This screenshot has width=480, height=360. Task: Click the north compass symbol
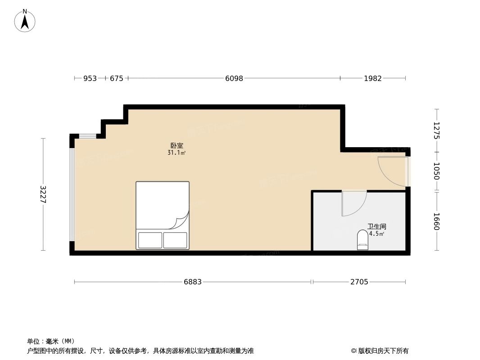click(x=25, y=21)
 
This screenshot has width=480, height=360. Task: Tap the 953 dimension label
click(x=90, y=78)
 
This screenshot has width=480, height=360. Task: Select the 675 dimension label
click(x=117, y=78)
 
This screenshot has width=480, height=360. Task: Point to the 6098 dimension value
click(x=234, y=78)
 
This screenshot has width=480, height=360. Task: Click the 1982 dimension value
click(x=373, y=78)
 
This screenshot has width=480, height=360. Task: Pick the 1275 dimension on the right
click(x=436, y=130)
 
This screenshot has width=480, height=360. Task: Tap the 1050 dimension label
click(x=436, y=171)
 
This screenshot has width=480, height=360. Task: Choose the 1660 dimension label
click(x=436, y=221)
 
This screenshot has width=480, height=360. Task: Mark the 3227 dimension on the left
click(x=43, y=194)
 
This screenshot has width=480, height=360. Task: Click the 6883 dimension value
click(x=193, y=282)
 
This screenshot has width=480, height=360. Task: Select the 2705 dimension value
click(x=359, y=282)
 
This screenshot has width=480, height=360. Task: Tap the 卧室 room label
click(x=177, y=146)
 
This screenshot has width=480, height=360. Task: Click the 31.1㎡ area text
click(x=177, y=153)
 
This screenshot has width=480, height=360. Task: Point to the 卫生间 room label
click(x=377, y=227)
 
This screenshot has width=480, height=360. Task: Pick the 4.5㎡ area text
click(x=377, y=234)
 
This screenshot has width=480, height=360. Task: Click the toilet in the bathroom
click(x=362, y=240)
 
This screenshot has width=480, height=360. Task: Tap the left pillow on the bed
click(x=150, y=240)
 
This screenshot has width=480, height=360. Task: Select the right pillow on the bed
click(x=175, y=240)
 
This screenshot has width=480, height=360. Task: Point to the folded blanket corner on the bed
click(x=181, y=221)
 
